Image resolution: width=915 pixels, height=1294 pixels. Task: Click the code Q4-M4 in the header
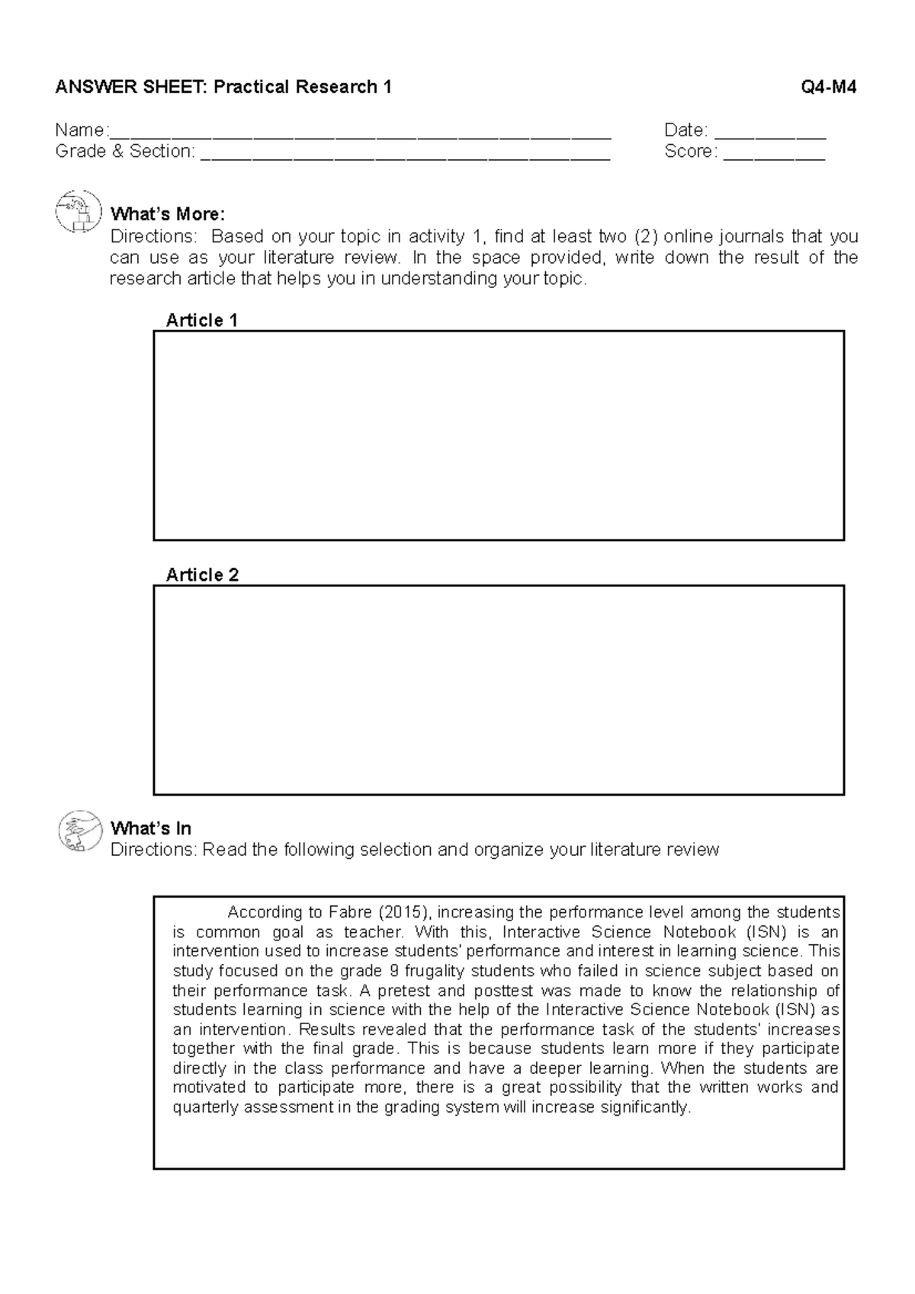828,87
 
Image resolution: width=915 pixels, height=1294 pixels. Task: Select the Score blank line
773,155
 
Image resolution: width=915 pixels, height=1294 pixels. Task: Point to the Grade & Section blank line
404,155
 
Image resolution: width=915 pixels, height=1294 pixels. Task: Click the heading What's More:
168,214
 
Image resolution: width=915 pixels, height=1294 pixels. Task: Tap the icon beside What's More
78,211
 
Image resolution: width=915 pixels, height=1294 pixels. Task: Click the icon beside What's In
79,830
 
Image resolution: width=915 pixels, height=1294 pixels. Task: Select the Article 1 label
201,320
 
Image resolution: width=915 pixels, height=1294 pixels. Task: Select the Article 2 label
201,575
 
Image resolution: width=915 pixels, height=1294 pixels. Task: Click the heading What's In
150,828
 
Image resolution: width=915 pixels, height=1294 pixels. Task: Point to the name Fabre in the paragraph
350,912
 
